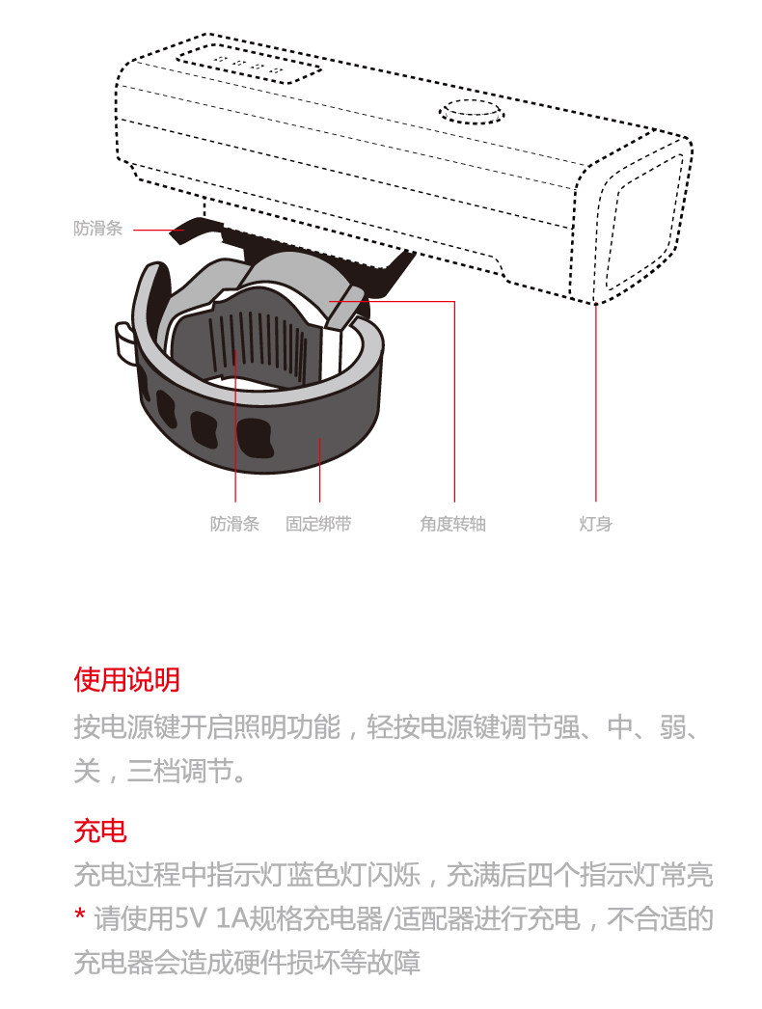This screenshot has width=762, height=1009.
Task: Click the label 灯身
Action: click(x=595, y=525)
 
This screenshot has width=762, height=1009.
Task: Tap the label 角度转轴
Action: click(x=452, y=525)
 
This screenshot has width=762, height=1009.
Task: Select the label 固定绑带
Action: click(x=318, y=525)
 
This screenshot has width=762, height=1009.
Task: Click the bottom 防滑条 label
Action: click(x=234, y=525)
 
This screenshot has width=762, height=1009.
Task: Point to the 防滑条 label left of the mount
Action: click(x=97, y=230)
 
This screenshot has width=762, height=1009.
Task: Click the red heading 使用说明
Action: click(x=126, y=680)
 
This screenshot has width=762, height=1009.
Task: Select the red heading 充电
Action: click(x=100, y=830)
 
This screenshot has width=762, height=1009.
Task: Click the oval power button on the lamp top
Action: click(x=472, y=113)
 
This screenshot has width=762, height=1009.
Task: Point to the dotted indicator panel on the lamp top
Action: click(x=250, y=66)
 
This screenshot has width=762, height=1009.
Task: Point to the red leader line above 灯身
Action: click(x=595, y=405)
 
